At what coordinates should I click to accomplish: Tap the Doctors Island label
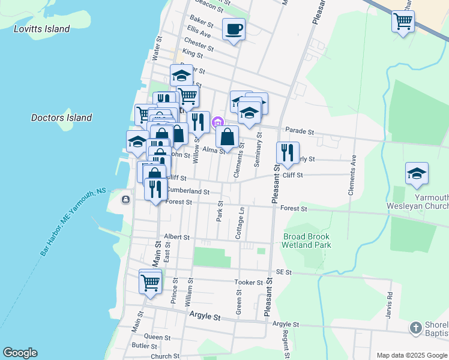coord(61,118)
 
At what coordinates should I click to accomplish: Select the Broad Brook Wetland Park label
coord(307,241)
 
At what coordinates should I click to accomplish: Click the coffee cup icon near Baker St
coord(234,28)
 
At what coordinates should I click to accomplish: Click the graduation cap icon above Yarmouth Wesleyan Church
coord(417,173)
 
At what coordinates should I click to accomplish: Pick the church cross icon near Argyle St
coord(415,328)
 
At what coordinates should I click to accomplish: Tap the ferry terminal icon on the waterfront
coord(125,200)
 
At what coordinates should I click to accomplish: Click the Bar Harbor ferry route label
coord(73,221)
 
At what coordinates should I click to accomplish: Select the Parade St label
coord(300,130)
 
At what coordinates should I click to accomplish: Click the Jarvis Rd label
coord(390,302)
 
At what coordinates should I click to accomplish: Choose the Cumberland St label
coord(187,191)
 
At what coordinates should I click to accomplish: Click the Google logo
coord(20,353)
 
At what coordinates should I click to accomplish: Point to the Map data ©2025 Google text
coord(411,355)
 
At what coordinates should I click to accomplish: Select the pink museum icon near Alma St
coord(217,122)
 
